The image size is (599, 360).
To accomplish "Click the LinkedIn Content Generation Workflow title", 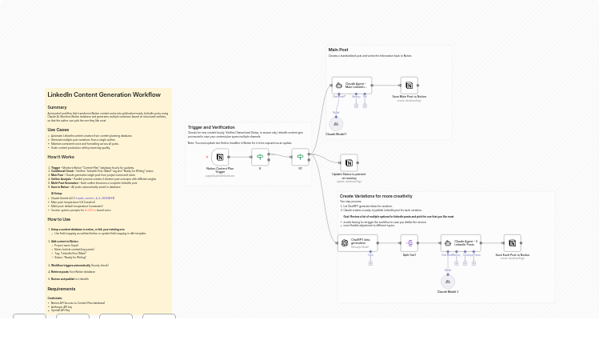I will point(104,95).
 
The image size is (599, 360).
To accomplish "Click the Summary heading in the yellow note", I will point(58,107).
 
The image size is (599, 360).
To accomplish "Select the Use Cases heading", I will point(58,130).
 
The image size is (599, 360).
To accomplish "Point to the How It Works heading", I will point(61,157).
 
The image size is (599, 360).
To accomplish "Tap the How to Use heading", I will point(59,219).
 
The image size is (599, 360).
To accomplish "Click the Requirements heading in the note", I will point(62,289).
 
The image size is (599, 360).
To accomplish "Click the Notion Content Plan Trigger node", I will point(220,158).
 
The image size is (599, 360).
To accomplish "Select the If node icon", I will point(260,158).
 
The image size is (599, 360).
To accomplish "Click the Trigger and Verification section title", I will point(211,127).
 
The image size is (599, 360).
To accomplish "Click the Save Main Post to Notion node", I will point(409,85).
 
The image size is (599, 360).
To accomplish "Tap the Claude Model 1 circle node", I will point(336,124).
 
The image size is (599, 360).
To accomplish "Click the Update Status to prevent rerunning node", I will point(349,162).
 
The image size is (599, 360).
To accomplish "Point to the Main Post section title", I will point(338,50).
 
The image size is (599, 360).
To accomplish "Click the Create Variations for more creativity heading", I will point(376,196).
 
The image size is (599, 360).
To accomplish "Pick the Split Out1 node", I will point(409,243).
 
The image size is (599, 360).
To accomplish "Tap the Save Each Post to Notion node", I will point(512,243).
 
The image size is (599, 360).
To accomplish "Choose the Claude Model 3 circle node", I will point(448,282).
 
